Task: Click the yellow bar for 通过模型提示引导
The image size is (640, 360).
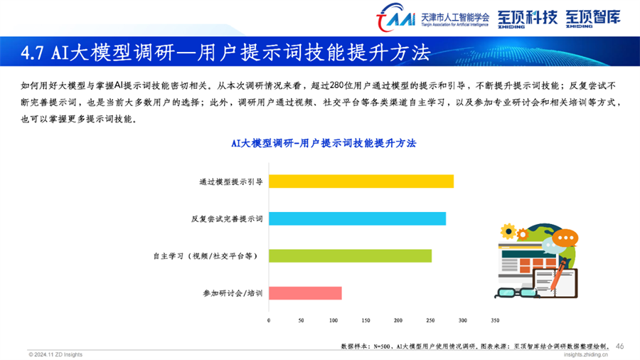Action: [361, 181]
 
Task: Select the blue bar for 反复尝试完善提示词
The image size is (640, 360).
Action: [357, 219]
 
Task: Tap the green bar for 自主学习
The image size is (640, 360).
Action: [350, 256]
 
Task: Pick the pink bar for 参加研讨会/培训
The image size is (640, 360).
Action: [305, 293]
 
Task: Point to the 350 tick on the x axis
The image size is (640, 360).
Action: [495, 320]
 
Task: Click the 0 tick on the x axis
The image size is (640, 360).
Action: [269, 320]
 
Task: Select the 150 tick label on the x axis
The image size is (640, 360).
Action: [366, 320]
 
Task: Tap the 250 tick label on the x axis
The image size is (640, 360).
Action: [430, 320]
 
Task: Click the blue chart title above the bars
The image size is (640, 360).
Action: [324, 143]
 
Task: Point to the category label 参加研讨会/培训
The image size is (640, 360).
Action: [233, 293]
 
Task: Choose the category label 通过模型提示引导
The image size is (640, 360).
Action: [231, 181]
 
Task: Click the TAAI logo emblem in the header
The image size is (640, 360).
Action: [395, 17]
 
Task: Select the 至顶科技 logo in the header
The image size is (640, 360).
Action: [528, 18]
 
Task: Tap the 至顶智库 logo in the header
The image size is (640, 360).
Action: [592, 18]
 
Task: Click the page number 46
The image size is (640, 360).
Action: [619, 346]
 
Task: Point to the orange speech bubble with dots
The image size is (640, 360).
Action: [565, 238]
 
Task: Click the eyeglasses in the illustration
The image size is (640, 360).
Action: [516, 292]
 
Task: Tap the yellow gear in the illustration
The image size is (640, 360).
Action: [508, 231]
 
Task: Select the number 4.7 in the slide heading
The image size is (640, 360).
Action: [32, 53]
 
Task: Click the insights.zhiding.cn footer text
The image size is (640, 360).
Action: [586, 355]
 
